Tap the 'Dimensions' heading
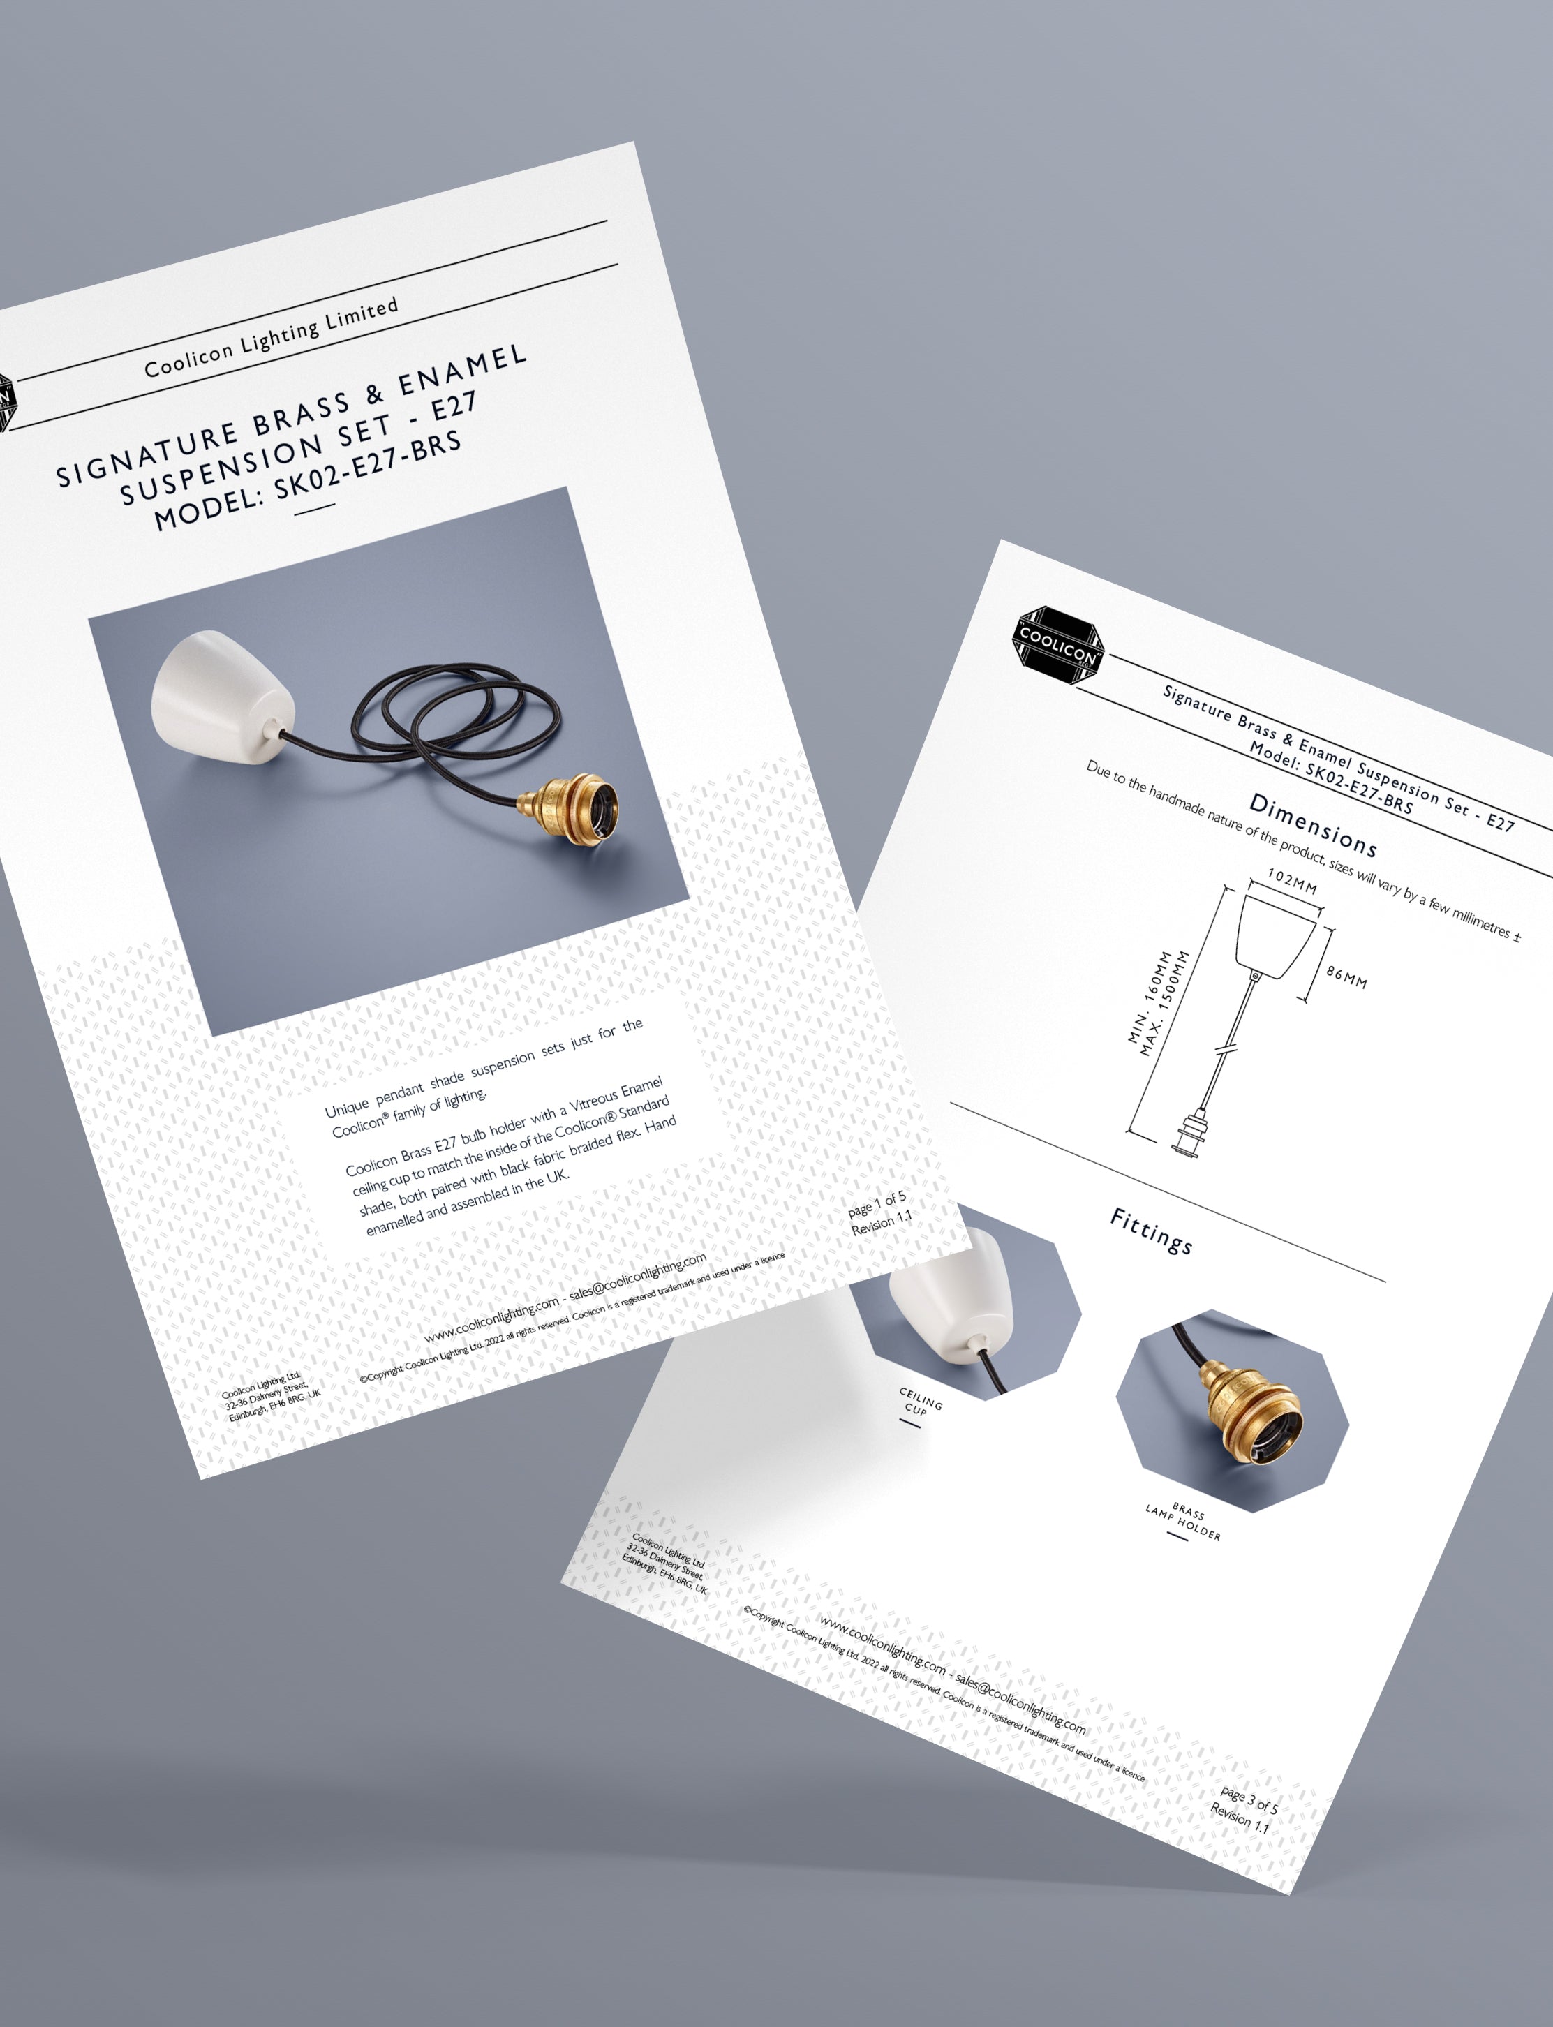click(x=1314, y=824)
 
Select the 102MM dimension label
click(x=1293, y=881)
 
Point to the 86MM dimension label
click(x=1347, y=976)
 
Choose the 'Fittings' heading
click(x=1151, y=1231)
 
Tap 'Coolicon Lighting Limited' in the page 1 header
click(x=271, y=337)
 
